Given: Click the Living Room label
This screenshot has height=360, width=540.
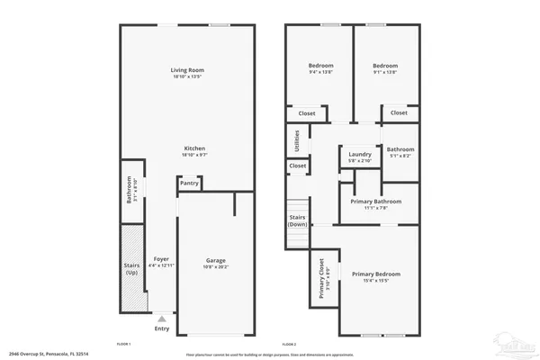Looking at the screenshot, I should [189, 70].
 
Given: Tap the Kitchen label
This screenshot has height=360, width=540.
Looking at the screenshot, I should [195, 148].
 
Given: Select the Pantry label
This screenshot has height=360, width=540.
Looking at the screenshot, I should [189, 183].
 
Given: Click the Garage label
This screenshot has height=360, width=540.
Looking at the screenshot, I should [213, 260].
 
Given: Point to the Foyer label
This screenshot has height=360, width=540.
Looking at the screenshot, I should [161, 258].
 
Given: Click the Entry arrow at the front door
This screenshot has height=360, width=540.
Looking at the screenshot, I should [161, 318].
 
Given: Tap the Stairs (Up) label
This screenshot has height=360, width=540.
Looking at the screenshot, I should [131, 269].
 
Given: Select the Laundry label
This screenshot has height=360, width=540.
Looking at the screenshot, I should [360, 154].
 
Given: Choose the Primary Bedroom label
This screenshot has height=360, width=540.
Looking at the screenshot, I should [375, 274].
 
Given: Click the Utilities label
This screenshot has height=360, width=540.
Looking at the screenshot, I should [296, 140].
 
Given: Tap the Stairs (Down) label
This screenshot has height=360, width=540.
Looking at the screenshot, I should [296, 220].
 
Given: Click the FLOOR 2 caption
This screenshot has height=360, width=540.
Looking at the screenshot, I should [288, 345].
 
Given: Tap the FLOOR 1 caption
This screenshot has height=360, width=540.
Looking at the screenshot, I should [123, 345].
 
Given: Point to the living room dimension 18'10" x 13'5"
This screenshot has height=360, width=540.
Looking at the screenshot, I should [189, 77].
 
